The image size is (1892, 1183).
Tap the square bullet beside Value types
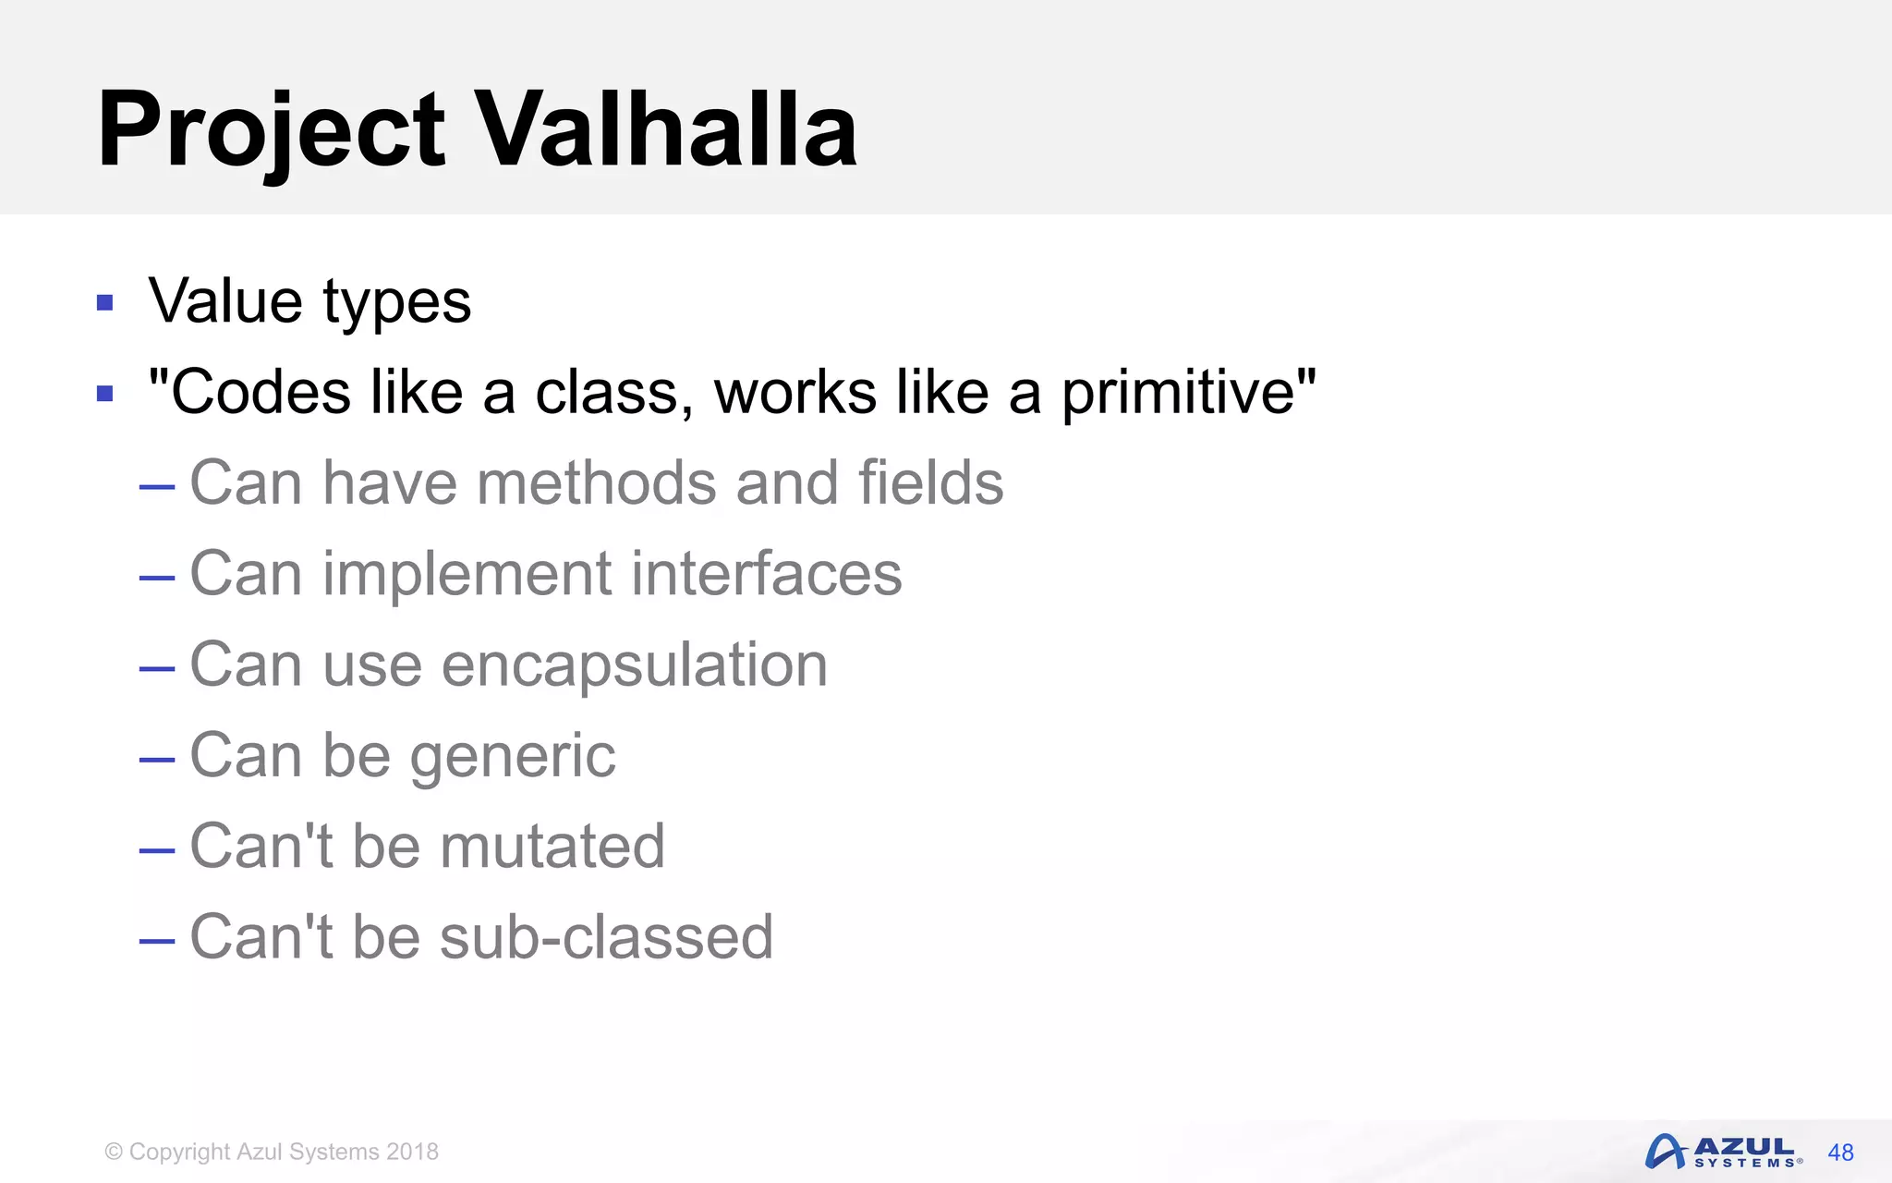[105, 303]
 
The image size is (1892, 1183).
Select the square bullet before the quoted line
[105, 394]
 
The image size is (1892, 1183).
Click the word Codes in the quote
[261, 392]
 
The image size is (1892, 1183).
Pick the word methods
[596, 482]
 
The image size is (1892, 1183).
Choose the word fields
[930, 482]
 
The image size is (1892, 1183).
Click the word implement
[467, 575]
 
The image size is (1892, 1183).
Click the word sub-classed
[606, 937]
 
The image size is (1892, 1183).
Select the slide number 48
[1840, 1153]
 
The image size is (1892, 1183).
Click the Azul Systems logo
[1723, 1152]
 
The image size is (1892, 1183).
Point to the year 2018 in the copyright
[412, 1152]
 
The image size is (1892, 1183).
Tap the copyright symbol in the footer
[114, 1152]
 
